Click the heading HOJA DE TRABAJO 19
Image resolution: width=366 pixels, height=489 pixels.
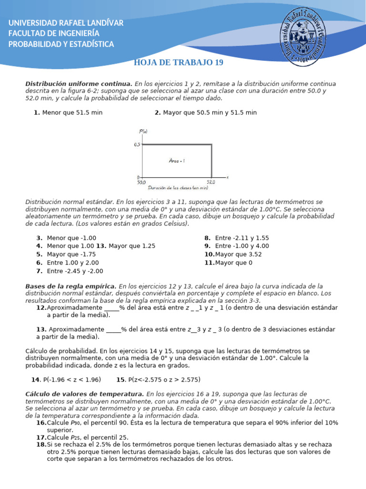point(178,63)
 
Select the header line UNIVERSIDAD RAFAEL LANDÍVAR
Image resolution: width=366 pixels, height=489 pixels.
point(66,23)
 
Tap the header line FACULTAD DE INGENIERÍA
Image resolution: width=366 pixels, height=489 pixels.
point(54,33)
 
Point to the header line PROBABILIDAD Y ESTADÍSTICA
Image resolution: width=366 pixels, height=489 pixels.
point(61,44)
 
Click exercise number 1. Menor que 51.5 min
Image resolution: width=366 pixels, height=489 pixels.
point(68,113)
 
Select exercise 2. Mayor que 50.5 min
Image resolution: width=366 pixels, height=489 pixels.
point(205,113)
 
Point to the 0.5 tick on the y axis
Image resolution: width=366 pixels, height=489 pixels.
point(137,144)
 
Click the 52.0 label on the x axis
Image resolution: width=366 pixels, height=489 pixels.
point(211,182)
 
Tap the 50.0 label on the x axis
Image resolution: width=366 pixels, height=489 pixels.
point(142,182)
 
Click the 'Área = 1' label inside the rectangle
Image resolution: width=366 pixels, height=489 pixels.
point(177,161)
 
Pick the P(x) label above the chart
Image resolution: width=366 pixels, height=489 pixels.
point(143,131)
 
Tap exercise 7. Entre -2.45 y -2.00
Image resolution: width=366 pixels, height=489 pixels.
point(70,271)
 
